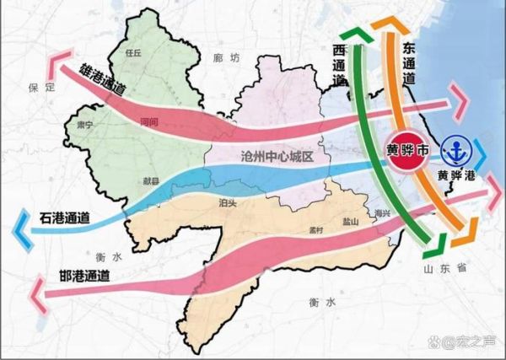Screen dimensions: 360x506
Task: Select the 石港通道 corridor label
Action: pos(65,218)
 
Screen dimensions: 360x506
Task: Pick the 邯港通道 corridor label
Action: pos(85,274)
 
